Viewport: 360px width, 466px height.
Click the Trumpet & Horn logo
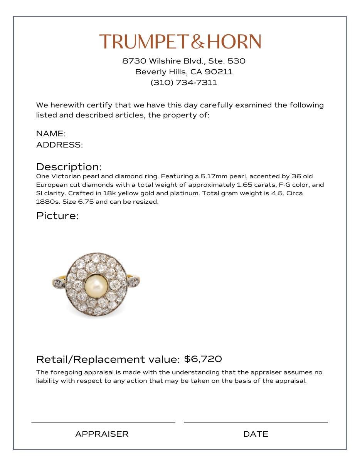click(180, 42)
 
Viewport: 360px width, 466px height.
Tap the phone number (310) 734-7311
click(184, 82)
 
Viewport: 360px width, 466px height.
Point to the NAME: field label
click(51, 134)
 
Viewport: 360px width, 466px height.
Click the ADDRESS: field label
click(59, 145)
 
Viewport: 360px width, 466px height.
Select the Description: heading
click(69, 167)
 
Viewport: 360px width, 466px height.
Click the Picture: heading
click(57, 216)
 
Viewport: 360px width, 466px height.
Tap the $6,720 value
click(203, 359)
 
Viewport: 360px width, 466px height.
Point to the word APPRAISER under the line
click(102, 434)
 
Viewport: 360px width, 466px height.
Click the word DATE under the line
click(256, 434)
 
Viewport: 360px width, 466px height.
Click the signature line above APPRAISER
click(103, 422)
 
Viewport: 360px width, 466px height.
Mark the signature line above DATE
click(256, 422)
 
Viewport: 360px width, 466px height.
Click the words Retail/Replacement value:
click(108, 359)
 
